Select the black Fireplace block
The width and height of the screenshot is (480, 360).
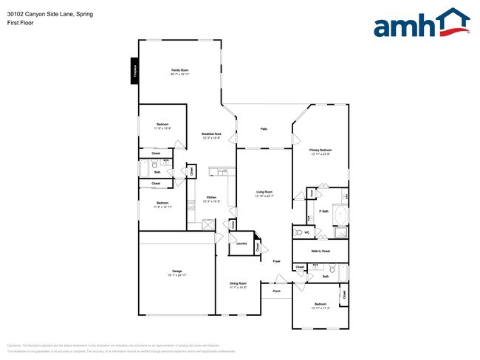pos(135,71)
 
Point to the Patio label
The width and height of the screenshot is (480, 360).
pos(264,129)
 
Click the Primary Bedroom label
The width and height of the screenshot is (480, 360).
pos(320,150)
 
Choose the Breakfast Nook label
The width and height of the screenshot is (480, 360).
pos(212,134)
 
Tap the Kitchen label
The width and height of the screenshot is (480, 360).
pos(211,198)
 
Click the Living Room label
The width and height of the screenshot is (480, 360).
pos(264,192)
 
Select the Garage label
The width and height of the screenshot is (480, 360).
pos(178,271)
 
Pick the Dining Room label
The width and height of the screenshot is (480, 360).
pos(238,283)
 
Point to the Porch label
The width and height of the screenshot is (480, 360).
pos(277,290)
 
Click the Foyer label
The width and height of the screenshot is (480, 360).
pos(276,261)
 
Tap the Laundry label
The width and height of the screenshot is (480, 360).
pos(241,243)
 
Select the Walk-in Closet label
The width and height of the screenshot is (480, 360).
pos(320,251)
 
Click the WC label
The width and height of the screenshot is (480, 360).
pos(306,232)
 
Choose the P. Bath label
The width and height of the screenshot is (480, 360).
pos(323,212)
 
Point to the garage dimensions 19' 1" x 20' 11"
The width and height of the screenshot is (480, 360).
pos(178,274)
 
